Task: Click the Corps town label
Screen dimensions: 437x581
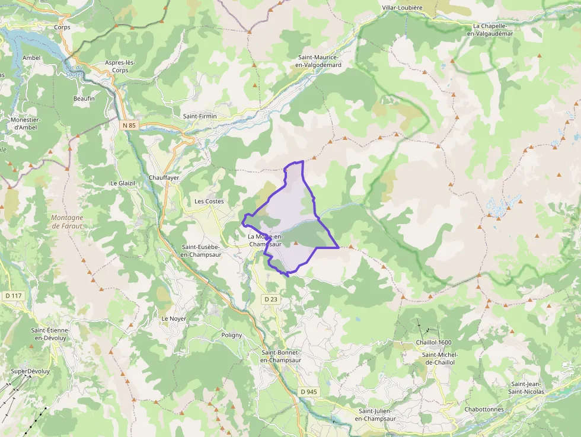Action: [x=62, y=27]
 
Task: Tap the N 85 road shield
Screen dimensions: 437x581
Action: [x=129, y=125]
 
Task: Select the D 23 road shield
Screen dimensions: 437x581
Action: [x=270, y=299]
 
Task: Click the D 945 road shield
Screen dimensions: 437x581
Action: [x=309, y=392]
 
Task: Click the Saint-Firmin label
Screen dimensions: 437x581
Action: [x=200, y=116]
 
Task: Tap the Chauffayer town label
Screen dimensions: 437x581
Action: [x=164, y=177]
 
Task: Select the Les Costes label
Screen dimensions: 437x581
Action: [x=209, y=202]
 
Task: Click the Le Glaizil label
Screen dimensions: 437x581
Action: [x=123, y=183]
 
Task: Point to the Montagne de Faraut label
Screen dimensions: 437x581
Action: [x=67, y=222]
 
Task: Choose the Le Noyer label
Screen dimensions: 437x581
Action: [x=174, y=318]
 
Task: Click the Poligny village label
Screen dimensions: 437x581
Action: [x=231, y=335]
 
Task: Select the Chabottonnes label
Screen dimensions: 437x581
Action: [x=484, y=409]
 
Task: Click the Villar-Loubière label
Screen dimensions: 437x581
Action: [x=403, y=8]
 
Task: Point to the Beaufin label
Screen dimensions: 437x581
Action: [x=84, y=98]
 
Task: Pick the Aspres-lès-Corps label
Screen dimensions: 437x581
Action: [x=120, y=66]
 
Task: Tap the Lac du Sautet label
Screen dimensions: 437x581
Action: [x=75, y=71]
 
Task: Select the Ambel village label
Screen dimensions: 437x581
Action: [x=31, y=58]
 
